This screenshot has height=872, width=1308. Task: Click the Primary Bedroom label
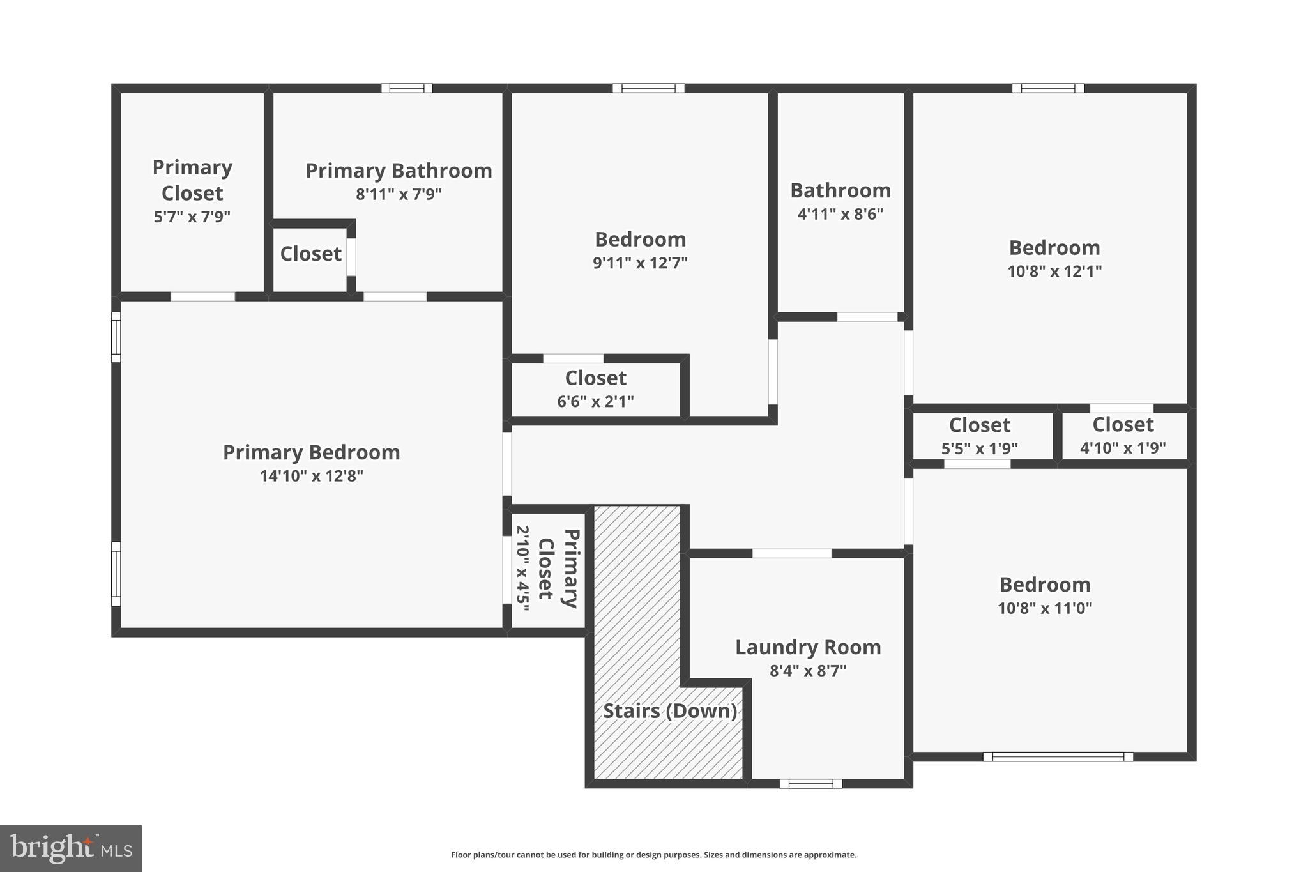click(x=311, y=452)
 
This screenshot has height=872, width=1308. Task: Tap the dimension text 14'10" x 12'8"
click(x=311, y=476)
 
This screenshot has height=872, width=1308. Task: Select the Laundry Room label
click(x=808, y=647)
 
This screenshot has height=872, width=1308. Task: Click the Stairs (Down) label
click(x=670, y=710)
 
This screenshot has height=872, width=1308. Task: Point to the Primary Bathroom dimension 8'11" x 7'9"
click(x=399, y=194)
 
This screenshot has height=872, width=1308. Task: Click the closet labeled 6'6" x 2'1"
click(x=595, y=389)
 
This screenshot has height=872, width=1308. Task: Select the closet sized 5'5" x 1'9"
click(x=979, y=436)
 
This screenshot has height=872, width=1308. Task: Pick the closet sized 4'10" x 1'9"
click(x=1123, y=436)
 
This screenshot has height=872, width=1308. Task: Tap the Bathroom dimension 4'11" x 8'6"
click(x=840, y=214)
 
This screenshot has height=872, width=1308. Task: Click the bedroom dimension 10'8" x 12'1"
click(x=1054, y=272)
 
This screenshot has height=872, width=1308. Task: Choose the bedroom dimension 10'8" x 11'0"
click(x=1045, y=608)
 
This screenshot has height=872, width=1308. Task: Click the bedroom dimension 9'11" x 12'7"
click(x=640, y=263)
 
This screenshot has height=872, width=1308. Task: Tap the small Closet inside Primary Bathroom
click(x=310, y=254)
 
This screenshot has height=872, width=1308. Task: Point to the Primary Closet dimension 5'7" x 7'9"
click(x=192, y=217)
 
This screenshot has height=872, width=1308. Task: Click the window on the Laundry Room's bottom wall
click(x=810, y=783)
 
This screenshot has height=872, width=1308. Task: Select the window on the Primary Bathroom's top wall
click(x=407, y=88)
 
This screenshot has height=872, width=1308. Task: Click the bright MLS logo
click(x=70, y=848)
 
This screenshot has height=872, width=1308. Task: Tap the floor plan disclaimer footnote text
click(x=653, y=855)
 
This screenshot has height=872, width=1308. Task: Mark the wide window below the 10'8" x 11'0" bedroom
click(x=1058, y=756)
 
